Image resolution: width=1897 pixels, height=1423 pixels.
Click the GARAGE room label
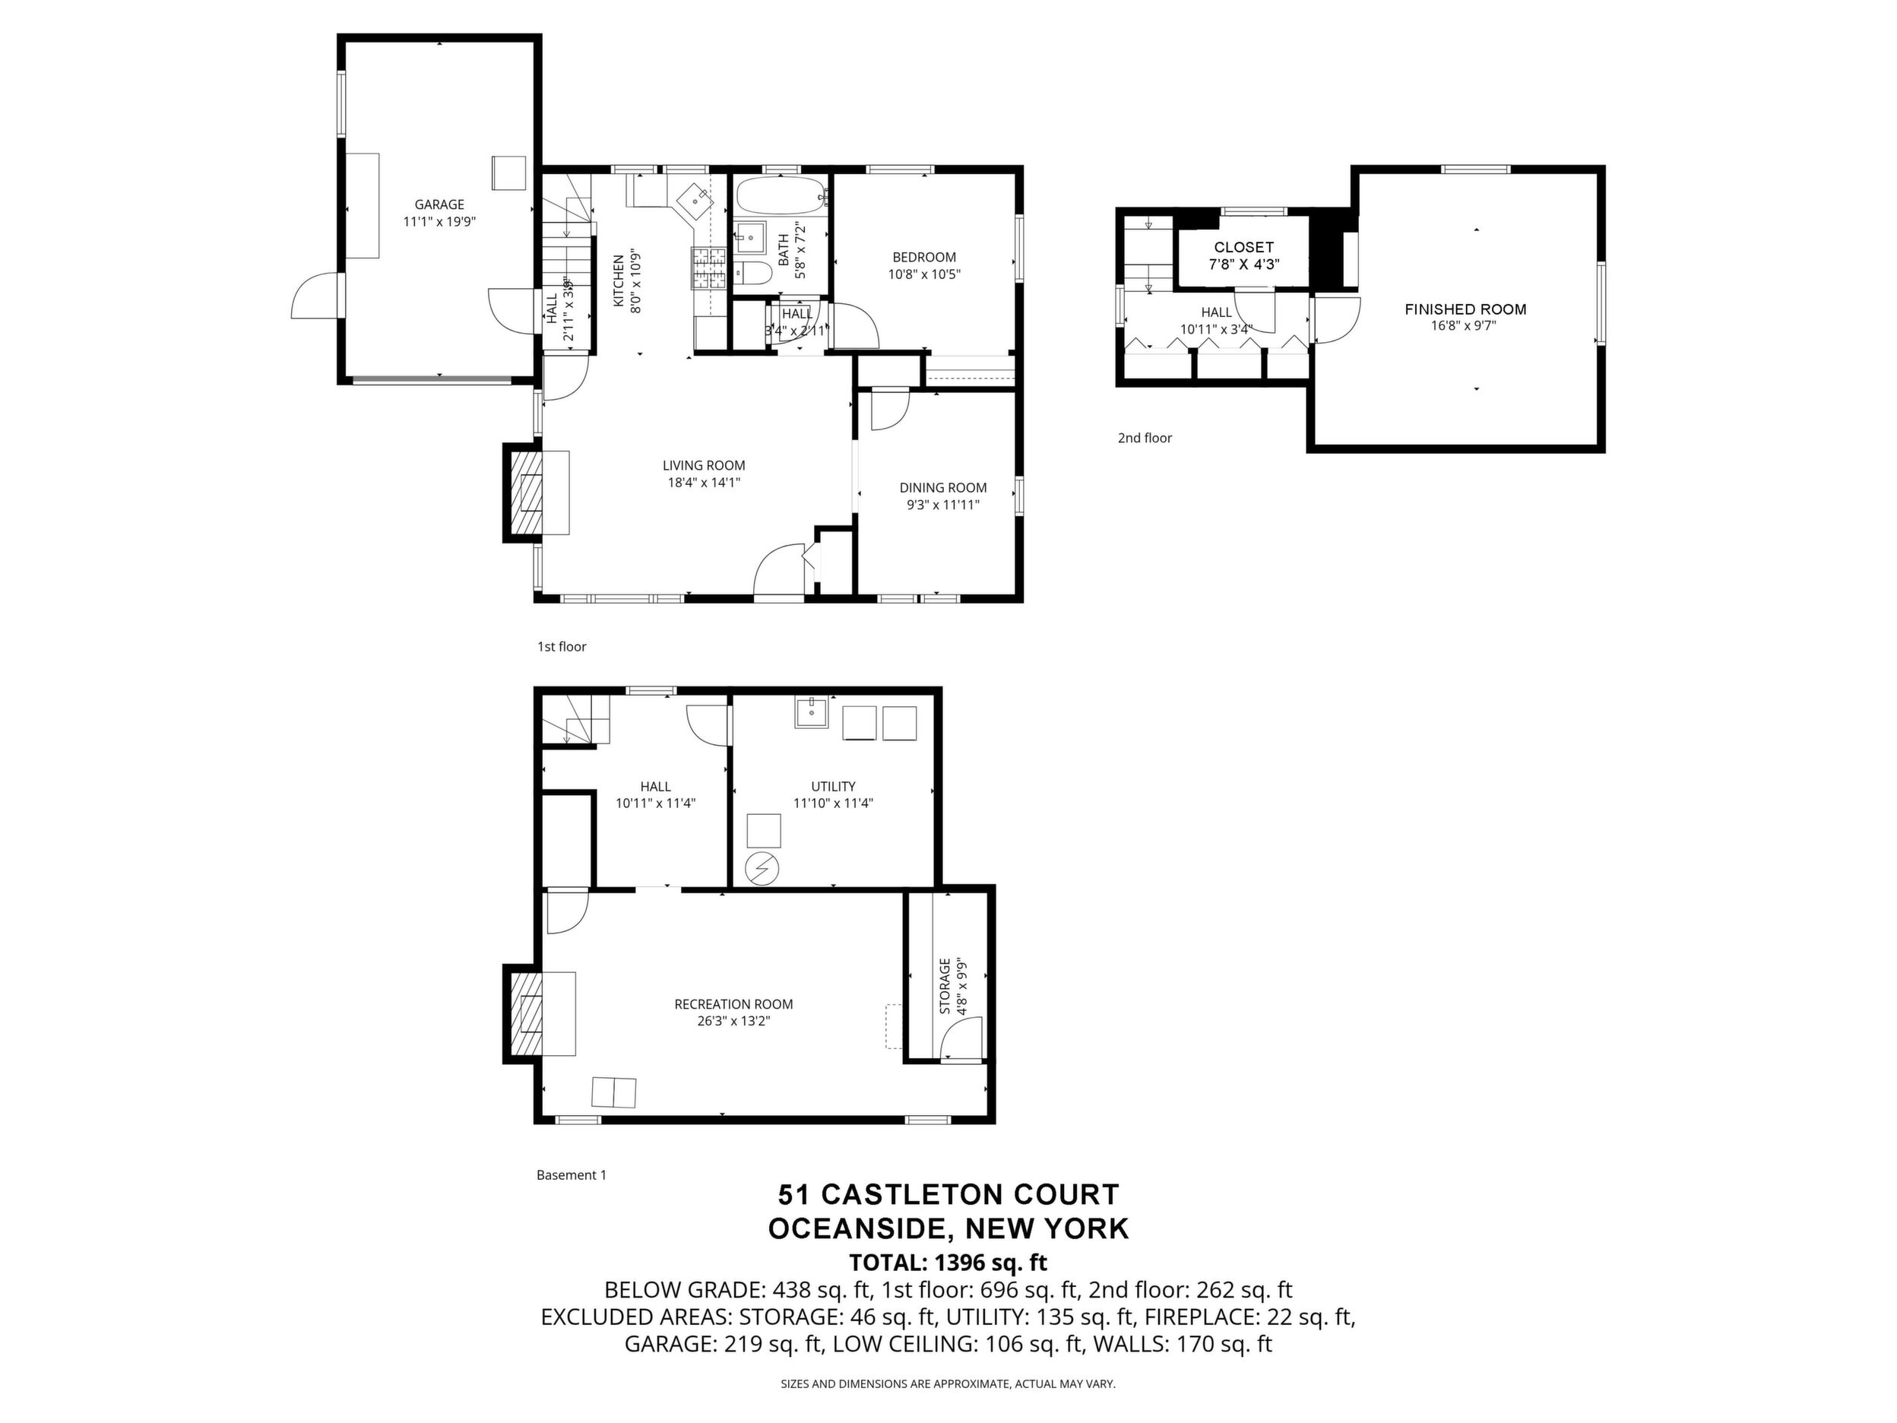point(439,204)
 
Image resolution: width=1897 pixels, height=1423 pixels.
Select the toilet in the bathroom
point(755,273)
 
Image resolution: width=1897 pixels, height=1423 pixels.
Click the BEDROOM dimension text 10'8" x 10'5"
point(923,274)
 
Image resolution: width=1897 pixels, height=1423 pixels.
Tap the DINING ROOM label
point(942,487)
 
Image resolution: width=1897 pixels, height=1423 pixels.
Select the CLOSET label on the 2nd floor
point(1243,247)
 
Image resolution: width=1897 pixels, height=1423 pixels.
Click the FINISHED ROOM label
point(1465,309)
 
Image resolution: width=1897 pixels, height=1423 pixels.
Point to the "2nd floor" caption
point(1144,437)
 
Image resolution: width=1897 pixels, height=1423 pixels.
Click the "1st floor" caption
point(562,646)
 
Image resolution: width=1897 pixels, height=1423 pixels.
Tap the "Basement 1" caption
point(572,1174)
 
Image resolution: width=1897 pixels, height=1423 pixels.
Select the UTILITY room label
point(833,786)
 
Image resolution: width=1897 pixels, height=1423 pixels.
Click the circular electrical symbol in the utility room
point(762,870)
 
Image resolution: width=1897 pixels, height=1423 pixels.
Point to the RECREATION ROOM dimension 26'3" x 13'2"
point(733,1021)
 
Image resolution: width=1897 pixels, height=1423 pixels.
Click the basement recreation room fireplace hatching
point(527,1013)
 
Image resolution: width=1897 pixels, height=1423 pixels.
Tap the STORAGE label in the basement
point(945,987)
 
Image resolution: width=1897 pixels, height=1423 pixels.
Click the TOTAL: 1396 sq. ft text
point(948,1262)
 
